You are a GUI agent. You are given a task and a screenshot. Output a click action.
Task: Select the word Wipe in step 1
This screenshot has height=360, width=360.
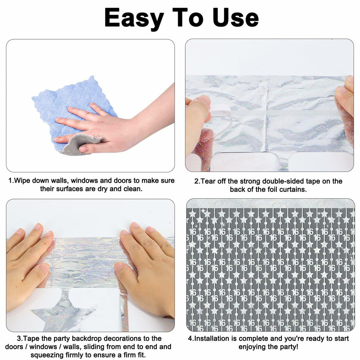(22, 180)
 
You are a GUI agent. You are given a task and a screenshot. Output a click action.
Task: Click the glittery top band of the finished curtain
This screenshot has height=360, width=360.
(270, 204)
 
